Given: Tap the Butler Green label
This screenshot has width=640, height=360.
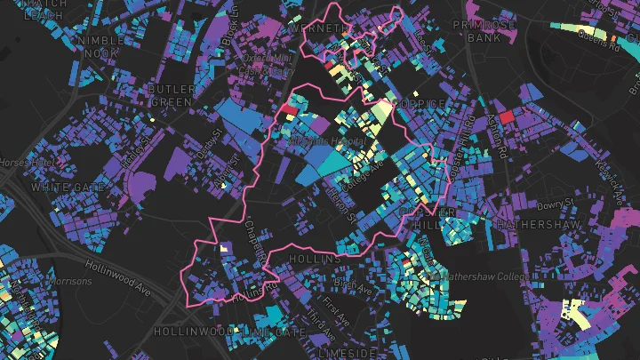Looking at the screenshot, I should pos(171,95).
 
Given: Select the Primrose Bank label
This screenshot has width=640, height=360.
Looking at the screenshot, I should pos(484,32).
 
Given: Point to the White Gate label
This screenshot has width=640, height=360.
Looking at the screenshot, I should pos(56,188).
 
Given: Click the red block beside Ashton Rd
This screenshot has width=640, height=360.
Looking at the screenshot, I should pos(507,116).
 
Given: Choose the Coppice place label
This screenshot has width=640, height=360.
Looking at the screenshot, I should pos(420,104).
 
